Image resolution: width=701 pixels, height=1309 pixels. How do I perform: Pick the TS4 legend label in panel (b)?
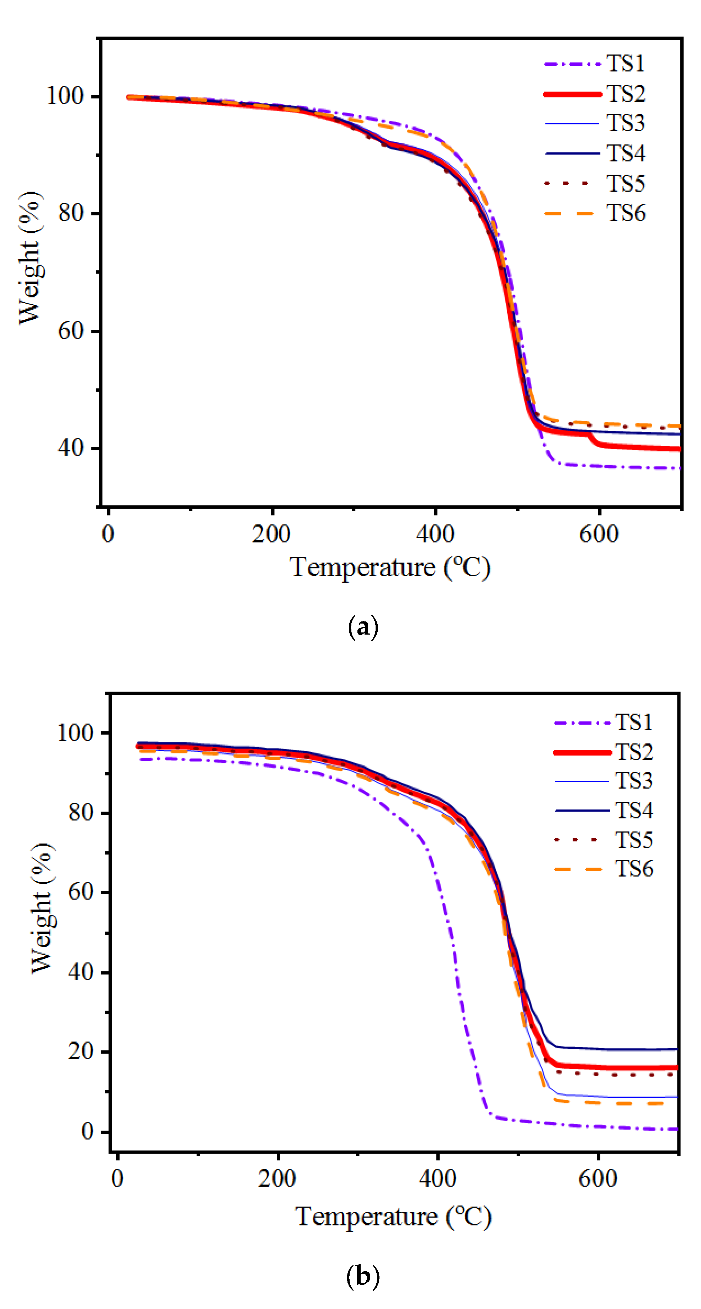coord(633,810)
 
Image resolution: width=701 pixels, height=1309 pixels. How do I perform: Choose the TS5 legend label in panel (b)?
coord(633,839)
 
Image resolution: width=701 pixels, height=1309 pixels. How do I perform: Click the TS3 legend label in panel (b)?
coord(633,780)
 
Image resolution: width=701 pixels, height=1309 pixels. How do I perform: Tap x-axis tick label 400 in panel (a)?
coord(435,534)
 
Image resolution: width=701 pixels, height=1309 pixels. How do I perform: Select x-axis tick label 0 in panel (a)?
coord(108,534)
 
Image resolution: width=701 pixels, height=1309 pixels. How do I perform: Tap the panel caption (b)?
coord(363,1276)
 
